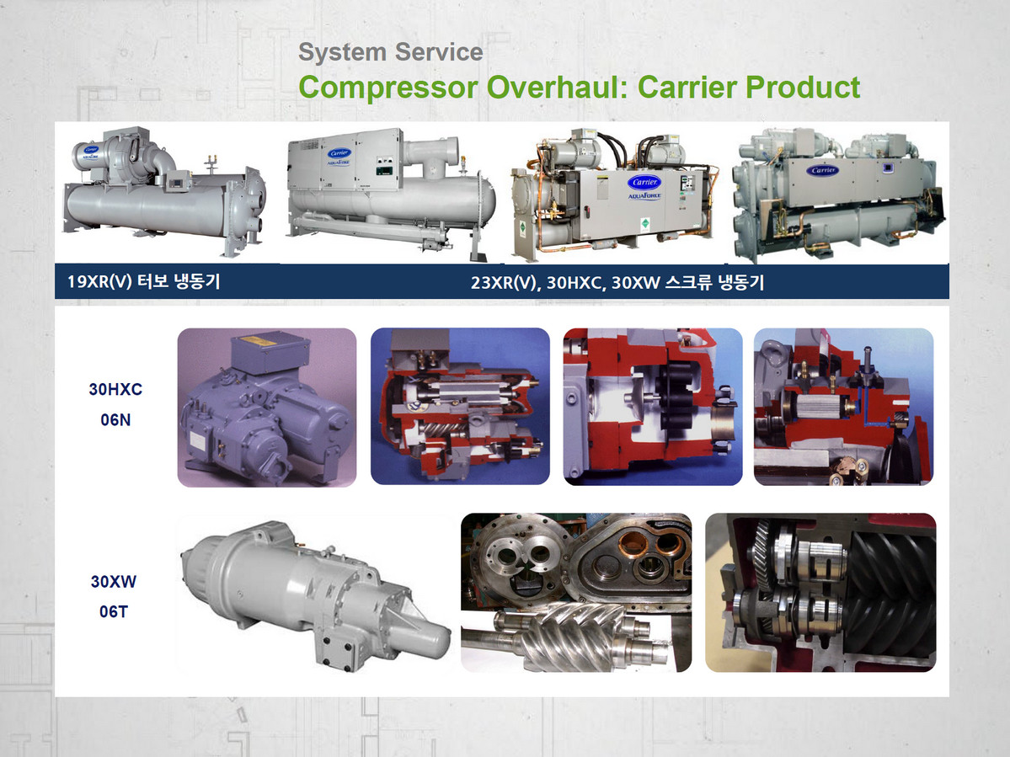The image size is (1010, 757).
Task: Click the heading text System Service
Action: (390, 52)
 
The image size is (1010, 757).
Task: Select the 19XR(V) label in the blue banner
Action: (99, 281)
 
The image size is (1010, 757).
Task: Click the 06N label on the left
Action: (115, 419)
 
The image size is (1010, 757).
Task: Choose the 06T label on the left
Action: (114, 611)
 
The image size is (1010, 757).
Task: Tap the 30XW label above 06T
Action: (114, 581)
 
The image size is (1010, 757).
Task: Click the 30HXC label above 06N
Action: (115, 389)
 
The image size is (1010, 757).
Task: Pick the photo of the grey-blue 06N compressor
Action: (267, 407)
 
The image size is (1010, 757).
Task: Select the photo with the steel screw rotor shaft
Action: (576, 592)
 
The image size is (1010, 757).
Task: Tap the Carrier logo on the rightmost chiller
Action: (824, 170)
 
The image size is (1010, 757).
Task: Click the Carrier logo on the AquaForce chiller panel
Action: (644, 182)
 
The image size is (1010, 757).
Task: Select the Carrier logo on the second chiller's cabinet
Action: (339, 153)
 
